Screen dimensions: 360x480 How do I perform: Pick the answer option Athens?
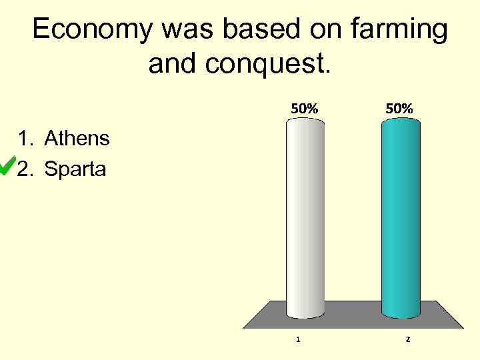coord(77,139)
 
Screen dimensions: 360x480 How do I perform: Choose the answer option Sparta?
coord(75,169)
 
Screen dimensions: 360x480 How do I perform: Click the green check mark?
coord(7,167)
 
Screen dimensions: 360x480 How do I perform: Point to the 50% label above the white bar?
coord(303,108)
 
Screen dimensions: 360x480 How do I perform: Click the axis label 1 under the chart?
coord(298,339)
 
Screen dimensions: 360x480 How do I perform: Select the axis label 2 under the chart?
coord(408,339)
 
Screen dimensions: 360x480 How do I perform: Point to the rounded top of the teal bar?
coord(401,122)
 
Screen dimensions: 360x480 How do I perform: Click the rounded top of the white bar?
coord(305,122)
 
